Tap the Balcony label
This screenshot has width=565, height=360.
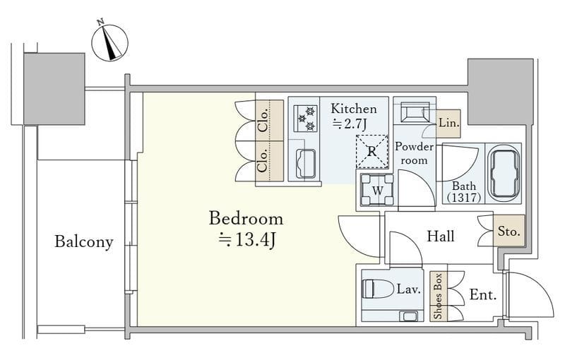[x=84, y=241]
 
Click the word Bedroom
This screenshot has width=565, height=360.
[x=246, y=219]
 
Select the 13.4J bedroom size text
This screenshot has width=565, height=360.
[x=248, y=239]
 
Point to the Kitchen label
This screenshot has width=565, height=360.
[x=354, y=109]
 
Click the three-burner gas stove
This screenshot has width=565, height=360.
[x=306, y=119]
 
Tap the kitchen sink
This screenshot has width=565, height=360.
[x=306, y=164]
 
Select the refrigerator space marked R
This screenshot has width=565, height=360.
[x=372, y=152]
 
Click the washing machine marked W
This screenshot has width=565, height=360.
[x=377, y=189]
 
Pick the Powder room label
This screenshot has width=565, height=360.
[x=415, y=153]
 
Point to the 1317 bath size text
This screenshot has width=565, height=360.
[x=464, y=197]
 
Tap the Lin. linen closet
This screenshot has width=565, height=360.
[x=448, y=124]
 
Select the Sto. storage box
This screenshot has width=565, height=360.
[x=509, y=231]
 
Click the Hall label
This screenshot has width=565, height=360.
[x=440, y=236]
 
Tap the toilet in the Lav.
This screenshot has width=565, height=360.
[x=377, y=289]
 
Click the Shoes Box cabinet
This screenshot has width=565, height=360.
[x=439, y=296]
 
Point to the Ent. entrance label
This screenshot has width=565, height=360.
[x=483, y=295]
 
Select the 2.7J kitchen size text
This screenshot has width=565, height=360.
[x=350, y=124]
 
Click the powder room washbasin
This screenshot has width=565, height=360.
[x=415, y=112]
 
